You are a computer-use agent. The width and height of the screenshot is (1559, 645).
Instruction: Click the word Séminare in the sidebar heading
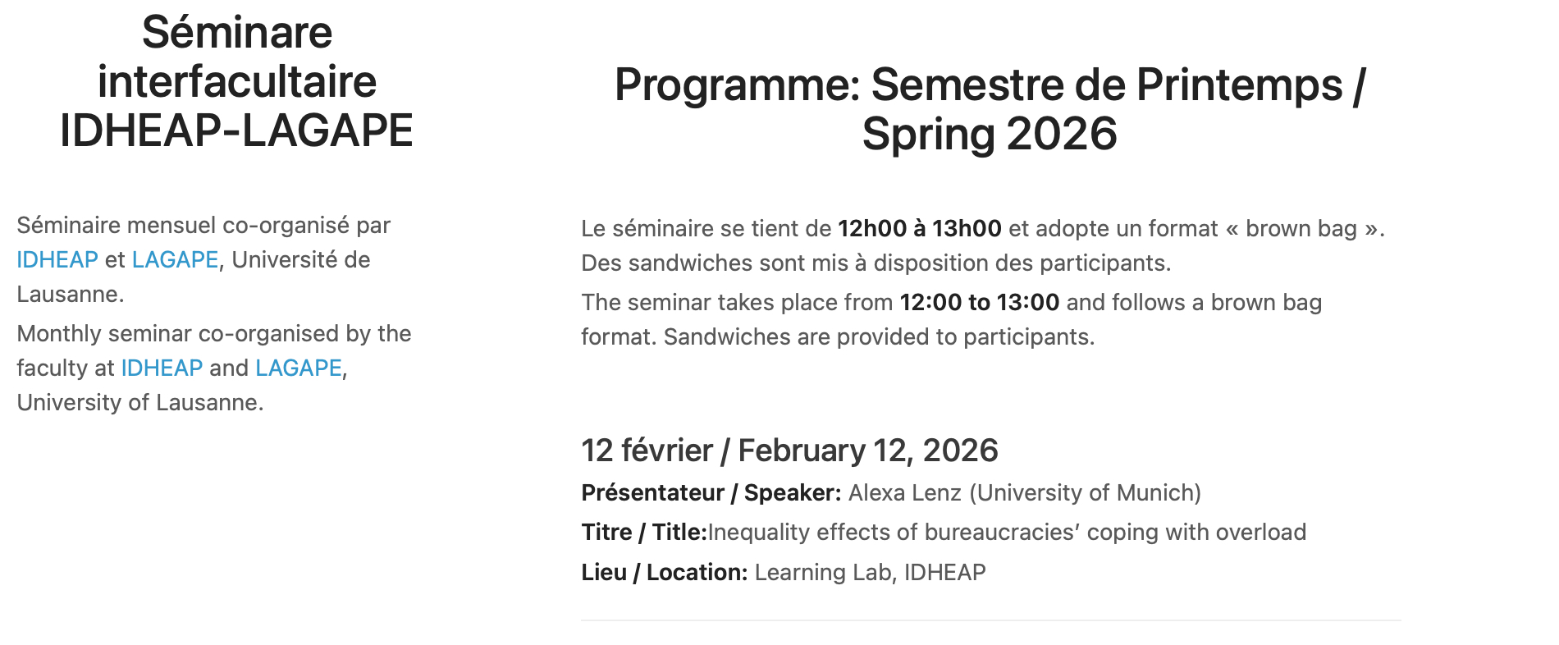(237, 33)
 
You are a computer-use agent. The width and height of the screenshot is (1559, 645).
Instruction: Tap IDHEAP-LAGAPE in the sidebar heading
(236, 130)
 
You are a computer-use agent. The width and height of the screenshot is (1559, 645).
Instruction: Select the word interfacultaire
(237, 82)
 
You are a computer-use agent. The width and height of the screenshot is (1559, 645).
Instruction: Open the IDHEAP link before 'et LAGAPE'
(57, 260)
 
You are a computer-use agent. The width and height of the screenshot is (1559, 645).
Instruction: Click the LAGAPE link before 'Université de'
(175, 260)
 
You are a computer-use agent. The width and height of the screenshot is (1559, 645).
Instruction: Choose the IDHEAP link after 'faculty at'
(162, 368)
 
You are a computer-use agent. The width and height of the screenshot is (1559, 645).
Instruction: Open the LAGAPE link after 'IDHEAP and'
(299, 368)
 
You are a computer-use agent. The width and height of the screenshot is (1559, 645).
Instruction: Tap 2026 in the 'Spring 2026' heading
(1062, 134)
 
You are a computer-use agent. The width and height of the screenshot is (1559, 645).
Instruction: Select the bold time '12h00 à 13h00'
(920, 229)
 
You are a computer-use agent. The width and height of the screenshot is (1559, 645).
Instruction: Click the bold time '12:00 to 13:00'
(980, 303)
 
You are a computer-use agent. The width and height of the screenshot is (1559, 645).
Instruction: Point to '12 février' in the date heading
(647, 451)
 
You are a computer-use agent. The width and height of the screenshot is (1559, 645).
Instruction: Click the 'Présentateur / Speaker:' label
(711, 493)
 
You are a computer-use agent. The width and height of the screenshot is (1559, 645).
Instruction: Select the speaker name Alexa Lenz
(905, 493)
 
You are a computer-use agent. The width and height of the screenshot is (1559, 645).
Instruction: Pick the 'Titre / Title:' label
(644, 533)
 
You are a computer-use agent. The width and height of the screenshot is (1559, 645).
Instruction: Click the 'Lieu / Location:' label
(665, 573)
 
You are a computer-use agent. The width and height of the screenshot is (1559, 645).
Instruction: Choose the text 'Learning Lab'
(823, 573)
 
